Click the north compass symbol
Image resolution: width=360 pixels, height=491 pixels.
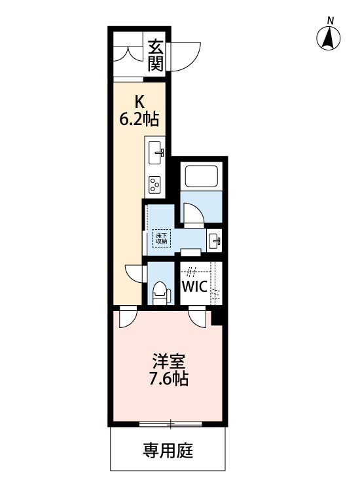[328, 37]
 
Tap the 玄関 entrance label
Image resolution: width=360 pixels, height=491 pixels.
[156, 56]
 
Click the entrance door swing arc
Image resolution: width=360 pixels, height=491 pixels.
[185, 56]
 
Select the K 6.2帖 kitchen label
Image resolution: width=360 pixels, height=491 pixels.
[139, 110]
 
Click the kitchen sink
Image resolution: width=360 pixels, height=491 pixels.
[156, 153]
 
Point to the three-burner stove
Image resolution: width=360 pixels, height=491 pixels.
[155, 184]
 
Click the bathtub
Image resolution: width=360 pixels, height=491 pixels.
[201, 176]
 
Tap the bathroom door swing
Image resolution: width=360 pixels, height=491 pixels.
[193, 213]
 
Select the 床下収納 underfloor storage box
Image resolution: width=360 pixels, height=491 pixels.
[162, 239]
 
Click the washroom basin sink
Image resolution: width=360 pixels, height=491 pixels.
[214, 240]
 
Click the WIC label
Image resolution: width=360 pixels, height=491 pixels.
[194, 286]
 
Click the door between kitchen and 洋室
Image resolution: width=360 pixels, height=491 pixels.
[128, 316]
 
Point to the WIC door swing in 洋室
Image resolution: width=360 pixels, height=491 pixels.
[197, 316]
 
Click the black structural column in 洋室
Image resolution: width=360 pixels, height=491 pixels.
[217, 318]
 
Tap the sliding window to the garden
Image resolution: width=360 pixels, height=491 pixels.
[171, 424]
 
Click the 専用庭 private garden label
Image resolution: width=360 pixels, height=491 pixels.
[168, 450]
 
